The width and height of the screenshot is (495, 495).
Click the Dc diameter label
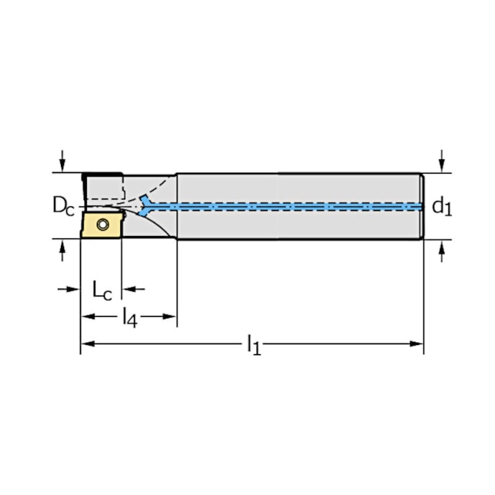pos(63,205)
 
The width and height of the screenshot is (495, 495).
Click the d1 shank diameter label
pos(442,206)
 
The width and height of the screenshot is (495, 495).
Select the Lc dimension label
pos(102,289)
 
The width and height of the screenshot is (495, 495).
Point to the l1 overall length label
pos(253,346)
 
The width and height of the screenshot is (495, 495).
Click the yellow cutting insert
pos(101,225)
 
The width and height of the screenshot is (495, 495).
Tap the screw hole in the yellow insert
pos(103,225)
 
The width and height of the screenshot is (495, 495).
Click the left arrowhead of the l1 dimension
pos(86,343)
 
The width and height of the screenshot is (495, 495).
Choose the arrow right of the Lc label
pos(129,289)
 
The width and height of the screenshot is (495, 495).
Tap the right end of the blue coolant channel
pos(420,206)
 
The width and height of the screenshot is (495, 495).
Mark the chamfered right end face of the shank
pos(423,206)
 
